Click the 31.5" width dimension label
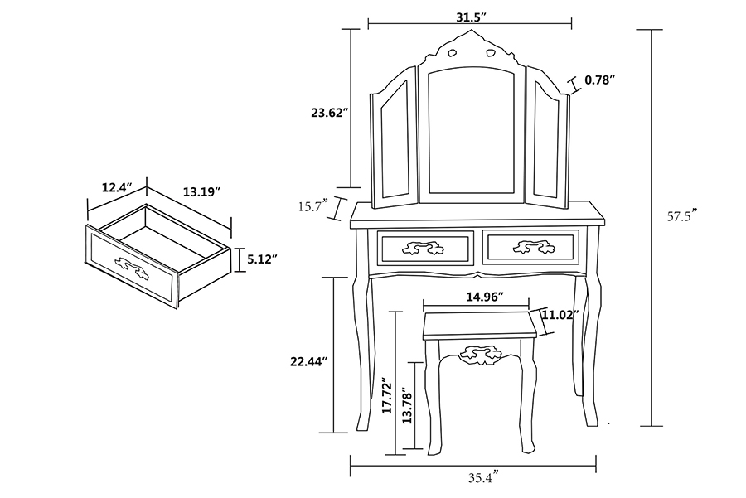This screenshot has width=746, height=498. click(471, 17)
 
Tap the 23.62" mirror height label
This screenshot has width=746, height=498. click(330, 113)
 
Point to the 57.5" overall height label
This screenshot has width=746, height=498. click(682, 216)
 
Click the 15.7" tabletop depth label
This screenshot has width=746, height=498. click(313, 206)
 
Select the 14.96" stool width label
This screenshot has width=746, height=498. click(485, 297)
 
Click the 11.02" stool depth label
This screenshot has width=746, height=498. click(560, 315)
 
